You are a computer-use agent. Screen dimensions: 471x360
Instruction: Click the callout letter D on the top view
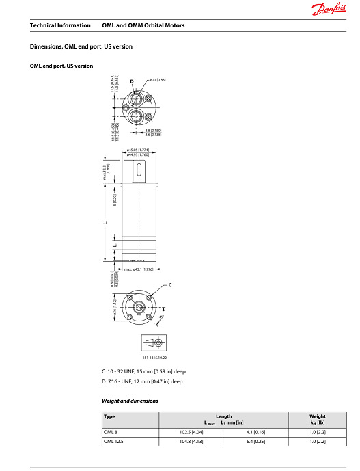coord(132,82)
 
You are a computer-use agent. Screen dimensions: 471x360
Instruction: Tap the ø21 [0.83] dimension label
coord(157,80)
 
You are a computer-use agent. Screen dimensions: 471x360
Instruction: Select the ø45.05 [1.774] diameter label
coord(139,150)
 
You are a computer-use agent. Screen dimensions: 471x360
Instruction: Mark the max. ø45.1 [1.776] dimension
coord(139,269)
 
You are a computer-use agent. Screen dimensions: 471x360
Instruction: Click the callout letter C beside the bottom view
coord(169,284)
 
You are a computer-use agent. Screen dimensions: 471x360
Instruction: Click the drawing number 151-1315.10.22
coord(154,358)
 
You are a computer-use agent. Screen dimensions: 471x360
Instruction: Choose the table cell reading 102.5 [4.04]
coord(189,432)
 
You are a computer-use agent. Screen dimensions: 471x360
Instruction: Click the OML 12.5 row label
coord(113,442)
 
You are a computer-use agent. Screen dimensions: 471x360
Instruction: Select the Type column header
coord(109,416)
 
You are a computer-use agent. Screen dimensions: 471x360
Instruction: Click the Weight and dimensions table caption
coord(130,401)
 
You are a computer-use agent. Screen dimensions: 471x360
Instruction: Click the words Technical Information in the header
coord(60,25)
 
